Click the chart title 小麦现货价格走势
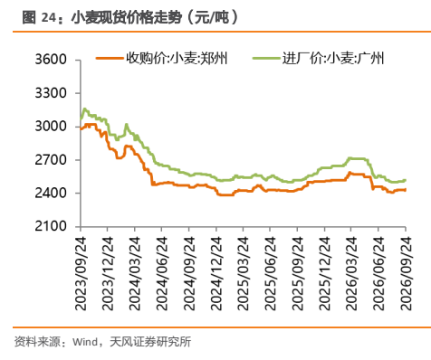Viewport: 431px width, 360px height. (x=127, y=17)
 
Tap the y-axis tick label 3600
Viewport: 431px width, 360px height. (x=51, y=60)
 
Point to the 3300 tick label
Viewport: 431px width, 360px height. (x=51, y=93)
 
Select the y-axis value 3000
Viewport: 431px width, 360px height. (x=51, y=126)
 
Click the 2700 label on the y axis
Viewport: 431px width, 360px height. (x=51, y=160)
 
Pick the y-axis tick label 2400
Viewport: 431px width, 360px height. (x=51, y=194)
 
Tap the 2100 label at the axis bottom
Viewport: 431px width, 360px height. (x=51, y=226)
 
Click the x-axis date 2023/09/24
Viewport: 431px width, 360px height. (x=81, y=273)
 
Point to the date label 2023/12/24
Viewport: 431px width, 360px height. (x=108, y=273)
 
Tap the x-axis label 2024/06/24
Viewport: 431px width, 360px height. (x=162, y=273)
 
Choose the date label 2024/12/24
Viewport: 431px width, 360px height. (x=216, y=273)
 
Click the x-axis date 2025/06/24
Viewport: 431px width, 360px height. (x=270, y=273)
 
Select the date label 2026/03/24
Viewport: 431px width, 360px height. (x=351, y=273)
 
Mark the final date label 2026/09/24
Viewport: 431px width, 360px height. (x=406, y=273)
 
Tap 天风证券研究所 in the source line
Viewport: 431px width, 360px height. (x=150, y=342)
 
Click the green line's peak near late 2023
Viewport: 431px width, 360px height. (x=84, y=109)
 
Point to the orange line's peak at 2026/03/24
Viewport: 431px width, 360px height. (x=350, y=173)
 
